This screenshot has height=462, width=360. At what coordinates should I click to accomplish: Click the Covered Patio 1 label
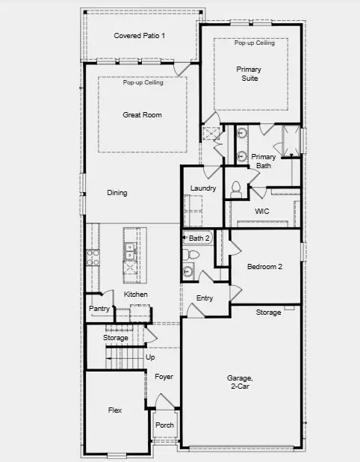pos(140,36)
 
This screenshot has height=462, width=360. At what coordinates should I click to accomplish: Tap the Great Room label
pos(142,115)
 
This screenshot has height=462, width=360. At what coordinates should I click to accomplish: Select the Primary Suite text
pos(249,73)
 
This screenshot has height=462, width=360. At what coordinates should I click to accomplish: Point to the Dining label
pos(117,193)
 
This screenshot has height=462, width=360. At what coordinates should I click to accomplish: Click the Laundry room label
pos(203,188)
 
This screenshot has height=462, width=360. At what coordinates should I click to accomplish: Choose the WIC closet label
pos(261,212)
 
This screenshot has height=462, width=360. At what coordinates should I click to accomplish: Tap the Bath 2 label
pos(199,238)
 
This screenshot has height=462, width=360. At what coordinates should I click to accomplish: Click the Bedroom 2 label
pos(264,267)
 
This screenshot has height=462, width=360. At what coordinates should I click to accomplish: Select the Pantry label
pos(99,309)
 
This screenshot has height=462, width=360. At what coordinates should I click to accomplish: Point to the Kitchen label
pos(136,295)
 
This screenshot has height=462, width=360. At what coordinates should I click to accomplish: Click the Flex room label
pos(114,410)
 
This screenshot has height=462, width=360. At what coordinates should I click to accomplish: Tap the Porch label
pos(164,425)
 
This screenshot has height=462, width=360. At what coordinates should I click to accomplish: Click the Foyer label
pos(164,377)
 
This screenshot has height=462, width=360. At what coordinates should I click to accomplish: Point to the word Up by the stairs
pos(150,357)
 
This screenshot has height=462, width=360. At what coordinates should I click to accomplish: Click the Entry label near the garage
pos(205,298)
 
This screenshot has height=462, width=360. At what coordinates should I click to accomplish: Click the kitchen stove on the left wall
pos(94,257)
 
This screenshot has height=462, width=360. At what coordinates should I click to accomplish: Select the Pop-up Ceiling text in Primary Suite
pos(254,43)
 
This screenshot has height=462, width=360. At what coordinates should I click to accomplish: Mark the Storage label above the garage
pos(268,312)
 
